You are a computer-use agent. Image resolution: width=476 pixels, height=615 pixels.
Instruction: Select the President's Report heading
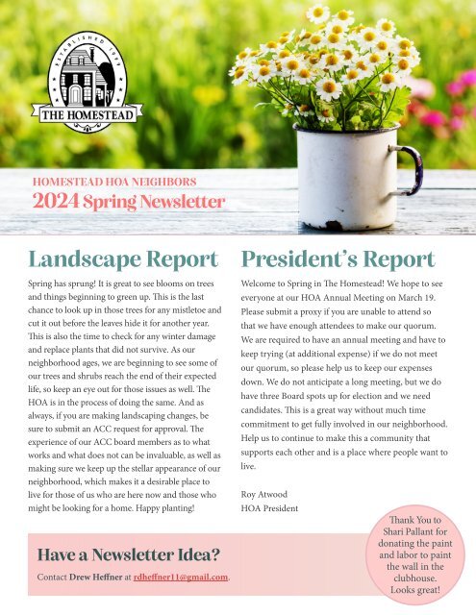pyautogui.click(x=338, y=260)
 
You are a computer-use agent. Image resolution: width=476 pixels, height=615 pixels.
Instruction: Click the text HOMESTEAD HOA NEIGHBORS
pyautogui.click(x=114, y=180)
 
